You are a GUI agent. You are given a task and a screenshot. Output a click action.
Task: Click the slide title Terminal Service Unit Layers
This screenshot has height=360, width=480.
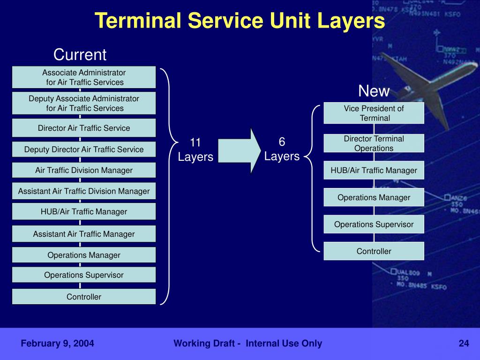point(240,21)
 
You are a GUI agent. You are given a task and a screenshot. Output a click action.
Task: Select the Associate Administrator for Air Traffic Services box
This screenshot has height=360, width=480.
point(84,77)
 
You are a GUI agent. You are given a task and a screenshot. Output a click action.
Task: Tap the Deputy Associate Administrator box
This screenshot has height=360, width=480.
point(84,103)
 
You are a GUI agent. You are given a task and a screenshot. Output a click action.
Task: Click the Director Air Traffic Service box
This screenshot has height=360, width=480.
point(84,128)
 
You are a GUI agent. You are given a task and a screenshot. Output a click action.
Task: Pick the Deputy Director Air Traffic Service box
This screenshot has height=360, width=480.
point(84,150)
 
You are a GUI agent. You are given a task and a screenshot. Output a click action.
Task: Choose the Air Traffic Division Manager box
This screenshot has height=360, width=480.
point(84,170)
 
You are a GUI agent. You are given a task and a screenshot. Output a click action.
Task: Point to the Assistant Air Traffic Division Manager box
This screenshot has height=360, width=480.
point(84,191)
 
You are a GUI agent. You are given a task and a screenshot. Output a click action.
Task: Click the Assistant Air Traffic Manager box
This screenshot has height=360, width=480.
point(84,233)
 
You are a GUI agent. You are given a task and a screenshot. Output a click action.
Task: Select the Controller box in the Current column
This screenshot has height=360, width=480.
point(84,297)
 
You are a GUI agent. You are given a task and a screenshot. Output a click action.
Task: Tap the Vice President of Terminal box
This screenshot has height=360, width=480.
point(374,113)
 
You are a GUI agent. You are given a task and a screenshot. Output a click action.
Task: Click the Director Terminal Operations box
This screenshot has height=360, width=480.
point(374,143)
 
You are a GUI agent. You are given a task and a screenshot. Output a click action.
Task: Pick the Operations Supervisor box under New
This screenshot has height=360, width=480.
point(374,224)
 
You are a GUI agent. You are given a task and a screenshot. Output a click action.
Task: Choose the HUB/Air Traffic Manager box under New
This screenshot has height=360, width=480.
point(374,170)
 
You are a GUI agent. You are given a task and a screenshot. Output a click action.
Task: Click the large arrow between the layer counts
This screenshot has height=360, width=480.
point(239,150)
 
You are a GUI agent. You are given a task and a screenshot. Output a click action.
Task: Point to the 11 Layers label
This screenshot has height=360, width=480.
point(195,150)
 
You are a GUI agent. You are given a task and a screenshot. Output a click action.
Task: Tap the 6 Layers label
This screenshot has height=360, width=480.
point(282,149)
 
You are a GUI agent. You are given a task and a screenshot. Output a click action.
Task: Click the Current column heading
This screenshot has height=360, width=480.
point(80,55)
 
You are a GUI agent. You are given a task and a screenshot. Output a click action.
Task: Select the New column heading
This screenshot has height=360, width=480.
point(374,91)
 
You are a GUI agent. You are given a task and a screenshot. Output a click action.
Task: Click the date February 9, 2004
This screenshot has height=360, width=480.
point(57,344)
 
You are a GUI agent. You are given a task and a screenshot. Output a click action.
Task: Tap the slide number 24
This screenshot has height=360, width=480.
point(464,344)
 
